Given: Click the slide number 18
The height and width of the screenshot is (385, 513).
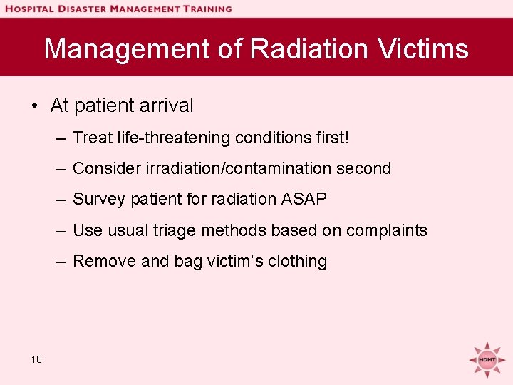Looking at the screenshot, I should [x=36, y=359].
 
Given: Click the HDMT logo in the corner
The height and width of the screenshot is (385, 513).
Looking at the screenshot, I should [x=487, y=358].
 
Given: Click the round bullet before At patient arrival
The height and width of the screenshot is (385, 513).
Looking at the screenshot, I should [x=34, y=106].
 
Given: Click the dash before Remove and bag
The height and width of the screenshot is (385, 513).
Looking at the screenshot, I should [x=61, y=262].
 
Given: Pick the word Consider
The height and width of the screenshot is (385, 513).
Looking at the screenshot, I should [x=106, y=168].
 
